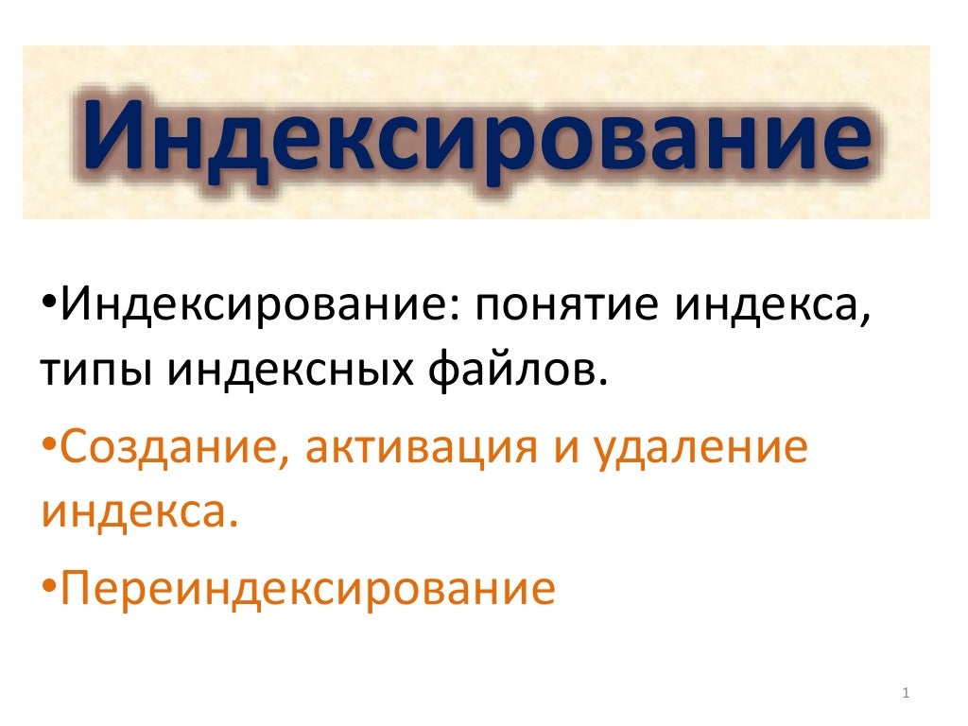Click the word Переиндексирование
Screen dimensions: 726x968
[307, 588]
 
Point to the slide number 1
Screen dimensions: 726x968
[906, 695]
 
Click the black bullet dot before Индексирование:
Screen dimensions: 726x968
[49, 307]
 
